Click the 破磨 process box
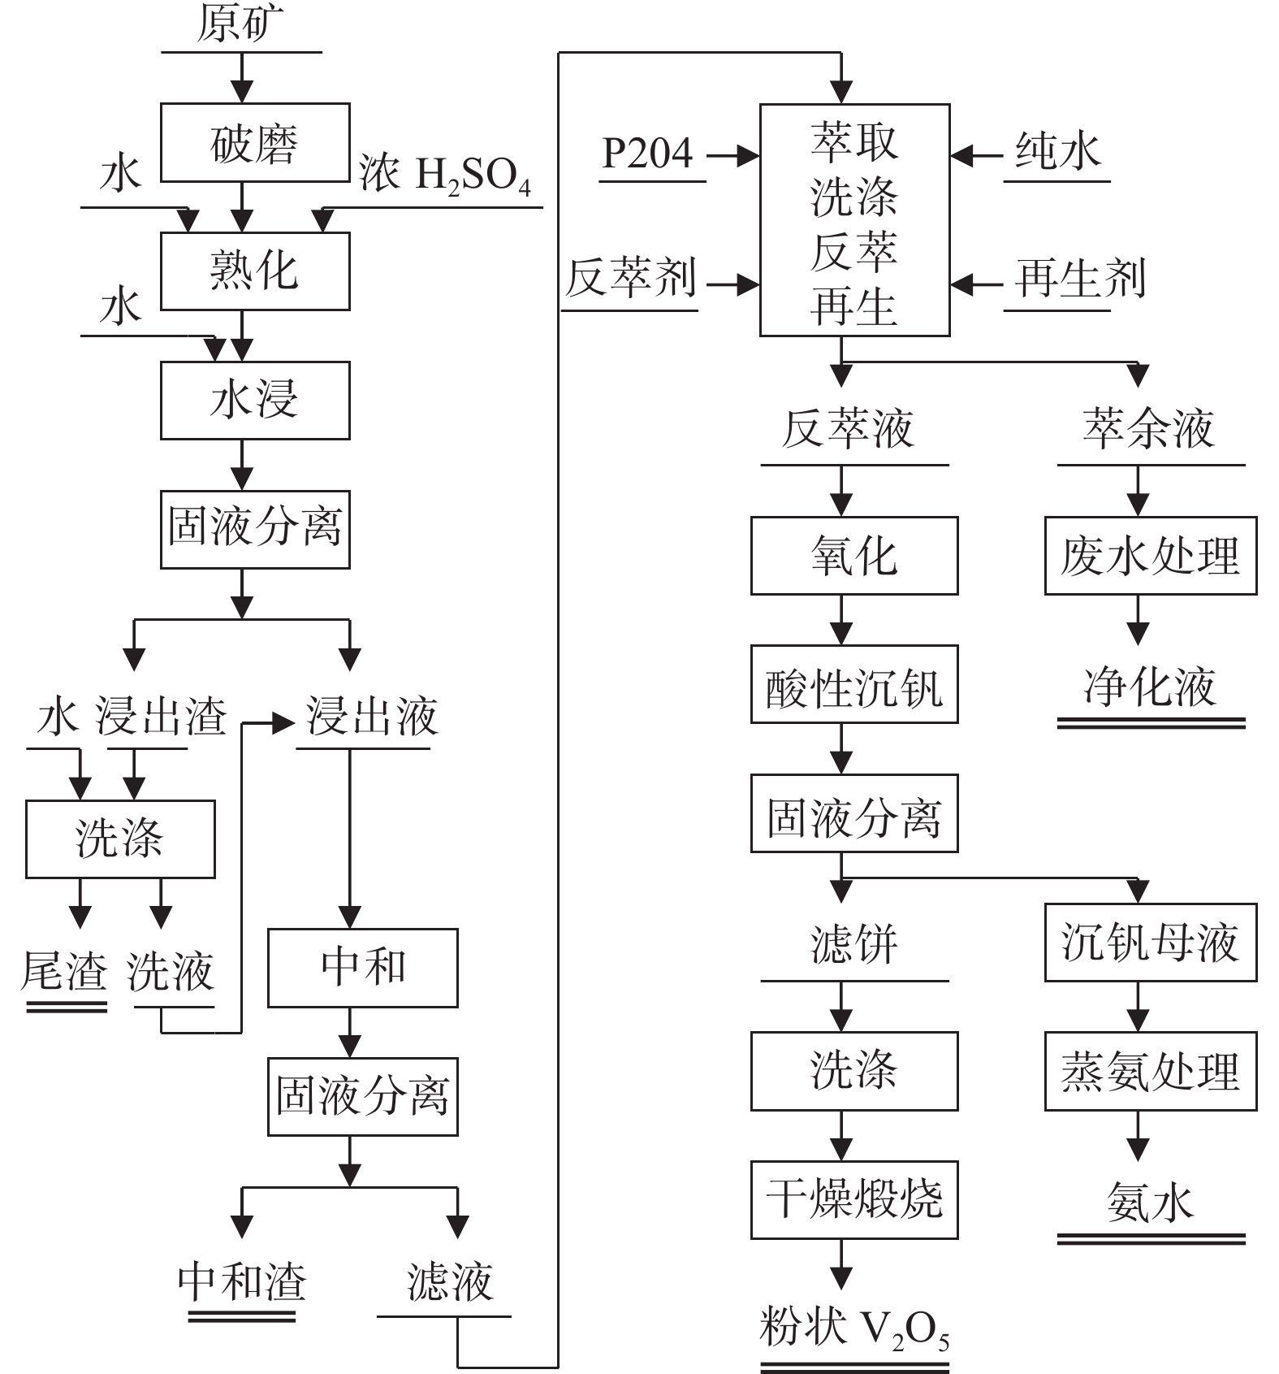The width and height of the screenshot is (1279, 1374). pyautogui.click(x=255, y=143)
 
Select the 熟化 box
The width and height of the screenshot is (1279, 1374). pyautogui.click(x=255, y=271)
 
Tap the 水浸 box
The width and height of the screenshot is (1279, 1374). pyautogui.click(x=255, y=401)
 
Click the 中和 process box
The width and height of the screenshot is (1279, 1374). pyautogui.click(x=363, y=968)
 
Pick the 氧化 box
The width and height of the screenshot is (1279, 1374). pyautogui.click(x=854, y=556)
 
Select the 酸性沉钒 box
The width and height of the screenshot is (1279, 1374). pyautogui.click(x=854, y=685)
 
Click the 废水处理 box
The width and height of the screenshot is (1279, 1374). pyautogui.click(x=1150, y=556)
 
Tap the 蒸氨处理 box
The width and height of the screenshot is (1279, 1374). pyautogui.click(x=1150, y=1072)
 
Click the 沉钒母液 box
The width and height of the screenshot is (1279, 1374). pyautogui.click(x=1150, y=943)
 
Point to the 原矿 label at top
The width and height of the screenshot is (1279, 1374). pyautogui.click(x=240, y=24)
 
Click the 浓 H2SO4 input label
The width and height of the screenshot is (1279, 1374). pyautogui.click(x=445, y=174)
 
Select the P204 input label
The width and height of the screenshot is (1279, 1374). pyautogui.click(x=647, y=154)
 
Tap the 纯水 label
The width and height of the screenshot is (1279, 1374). pyautogui.click(x=1057, y=152)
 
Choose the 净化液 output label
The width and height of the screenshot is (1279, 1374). pyautogui.click(x=1150, y=687)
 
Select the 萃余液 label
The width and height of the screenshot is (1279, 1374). pyautogui.click(x=1148, y=429)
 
